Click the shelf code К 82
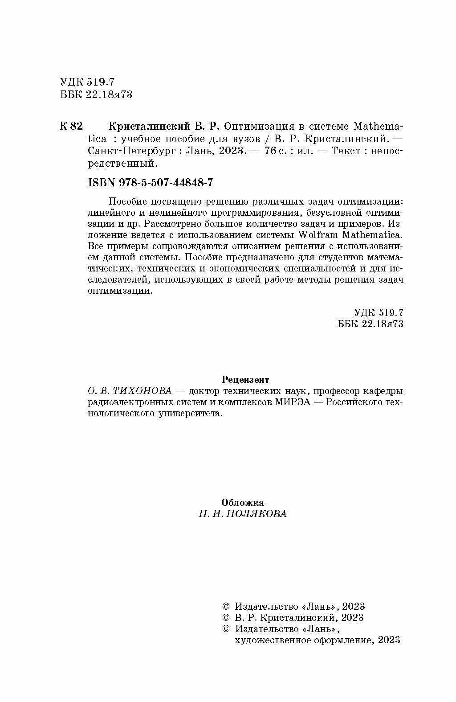71,126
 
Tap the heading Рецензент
245,380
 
